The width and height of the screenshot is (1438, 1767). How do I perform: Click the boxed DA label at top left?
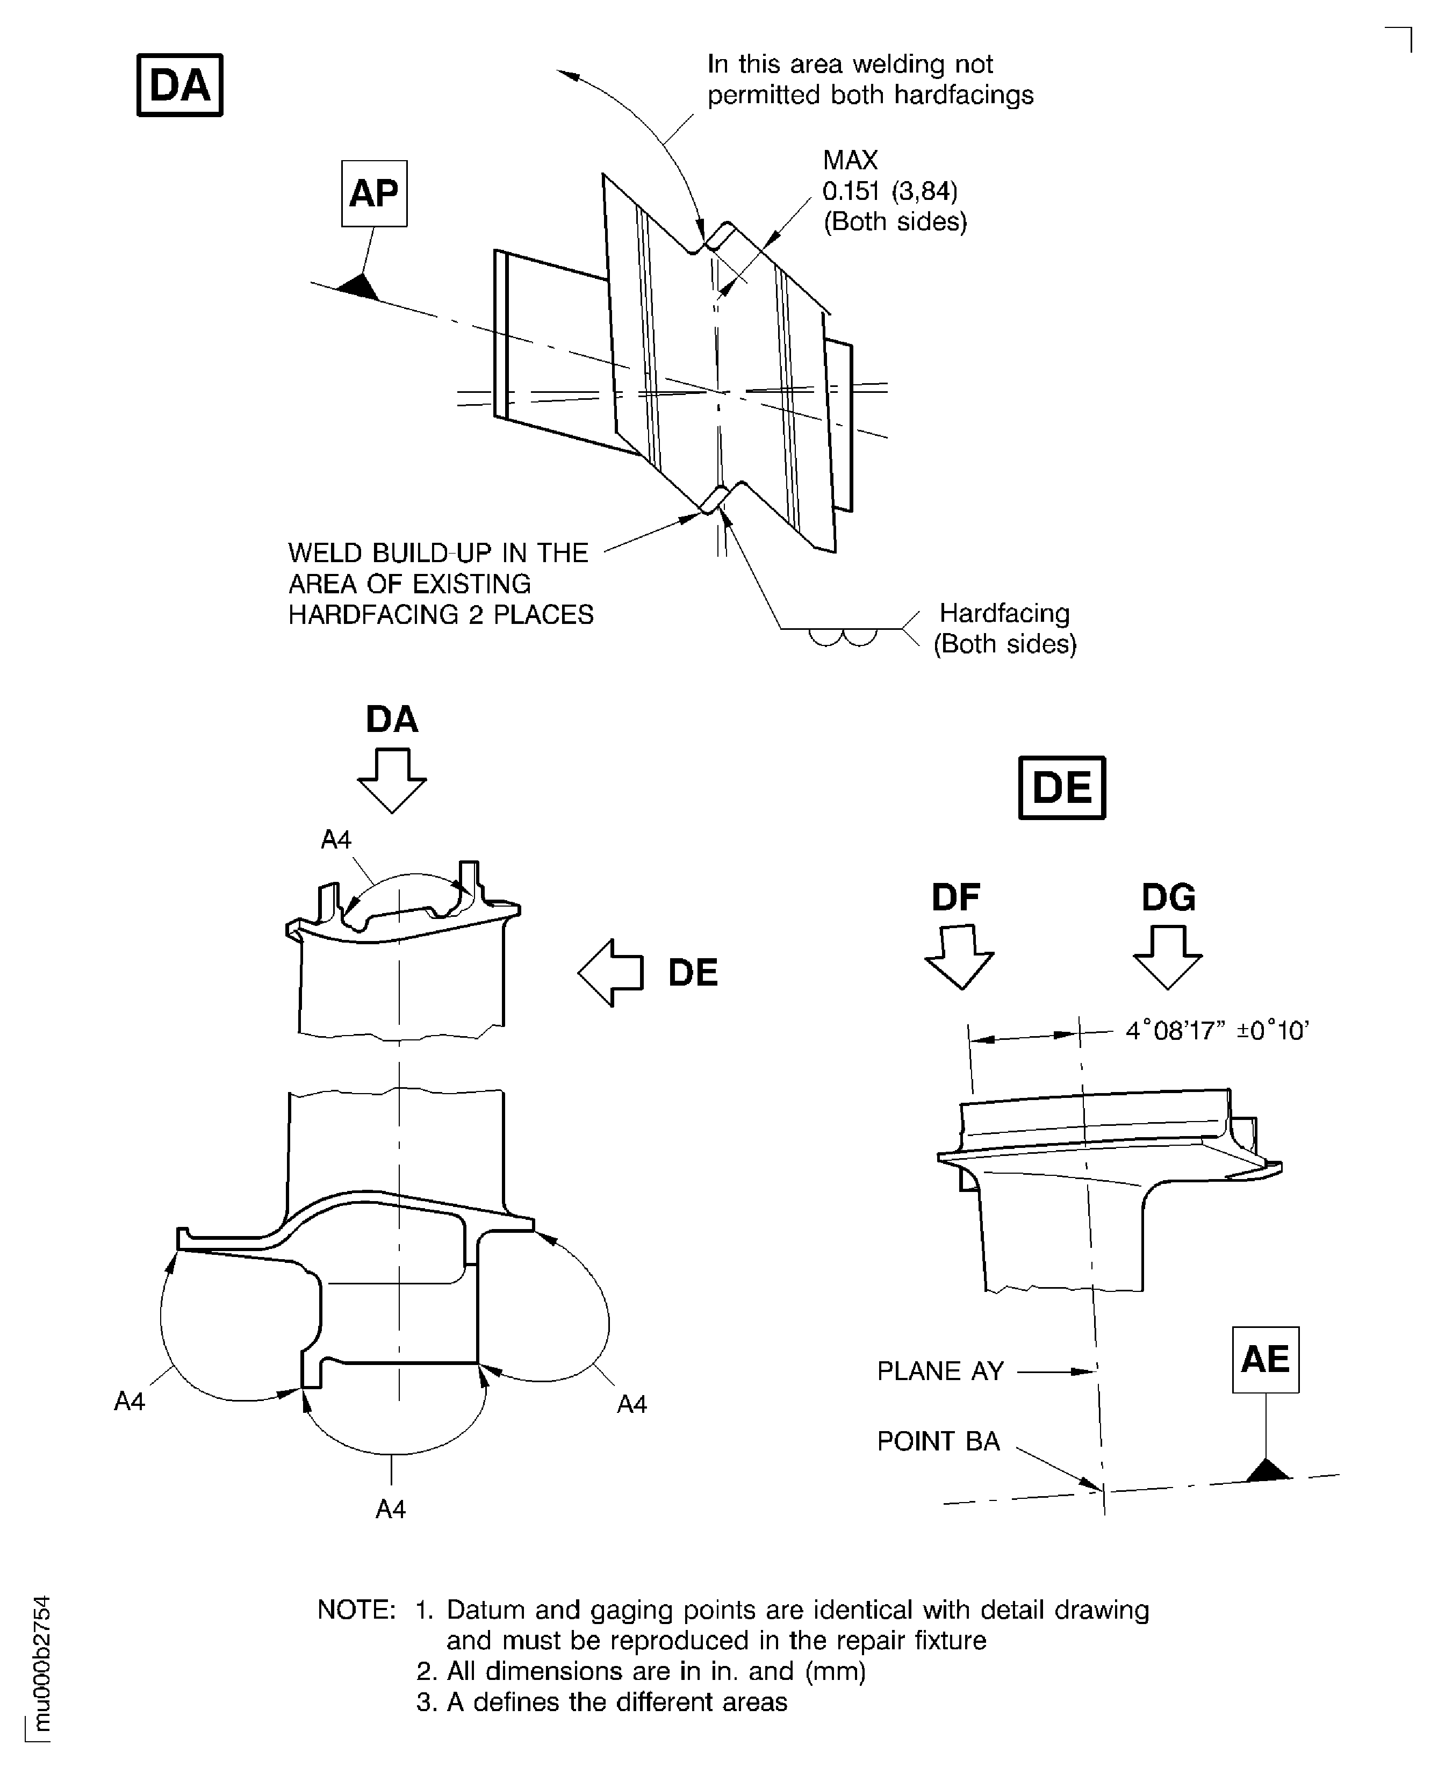click(x=179, y=85)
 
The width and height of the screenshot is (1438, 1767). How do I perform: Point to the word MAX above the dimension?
click(x=850, y=160)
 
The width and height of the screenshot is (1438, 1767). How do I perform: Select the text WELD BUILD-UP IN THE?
click(x=438, y=552)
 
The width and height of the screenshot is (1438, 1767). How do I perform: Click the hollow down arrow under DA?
click(x=392, y=780)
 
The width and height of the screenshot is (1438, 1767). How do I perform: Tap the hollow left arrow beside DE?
click(x=610, y=973)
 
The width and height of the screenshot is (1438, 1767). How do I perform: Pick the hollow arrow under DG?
click(x=1167, y=957)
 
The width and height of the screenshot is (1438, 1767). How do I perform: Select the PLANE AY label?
click(x=940, y=1371)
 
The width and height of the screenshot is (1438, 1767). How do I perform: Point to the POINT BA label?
click(x=938, y=1441)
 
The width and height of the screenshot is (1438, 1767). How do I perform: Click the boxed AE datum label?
click(x=1265, y=1360)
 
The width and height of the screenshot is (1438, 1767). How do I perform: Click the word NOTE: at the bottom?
click(x=357, y=1610)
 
